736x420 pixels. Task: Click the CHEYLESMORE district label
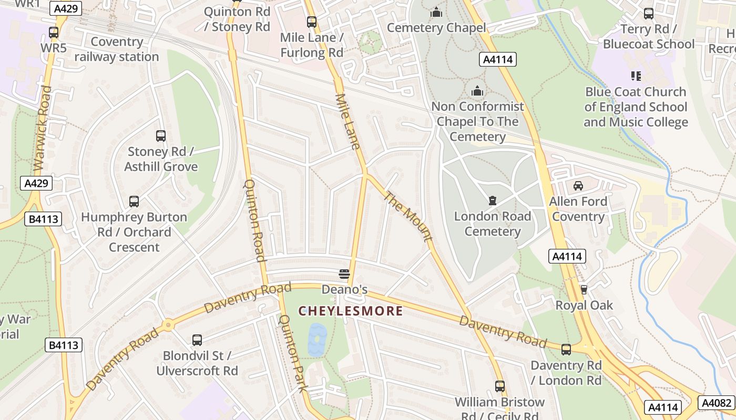coord(351,311)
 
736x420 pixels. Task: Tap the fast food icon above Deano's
coord(344,274)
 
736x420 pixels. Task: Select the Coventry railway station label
coord(116,49)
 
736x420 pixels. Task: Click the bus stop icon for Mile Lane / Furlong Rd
coord(312,22)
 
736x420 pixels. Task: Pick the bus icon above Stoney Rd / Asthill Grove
coord(161,136)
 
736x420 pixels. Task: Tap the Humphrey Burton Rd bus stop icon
coord(134,202)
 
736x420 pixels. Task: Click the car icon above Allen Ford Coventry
coord(578,186)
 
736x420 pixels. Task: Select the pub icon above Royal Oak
coord(584,289)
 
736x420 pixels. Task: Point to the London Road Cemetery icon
coord(492,201)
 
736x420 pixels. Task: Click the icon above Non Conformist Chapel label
coord(477,91)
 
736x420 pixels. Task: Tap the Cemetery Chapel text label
coord(436,27)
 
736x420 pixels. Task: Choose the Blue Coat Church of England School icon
coord(636,76)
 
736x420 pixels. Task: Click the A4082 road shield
coord(717,403)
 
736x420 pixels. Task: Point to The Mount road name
coord(408,216)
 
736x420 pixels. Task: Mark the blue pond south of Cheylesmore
coord(317,340)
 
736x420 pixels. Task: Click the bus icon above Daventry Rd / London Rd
coord(566,350)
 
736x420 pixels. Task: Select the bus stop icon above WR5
coord(54,33)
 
